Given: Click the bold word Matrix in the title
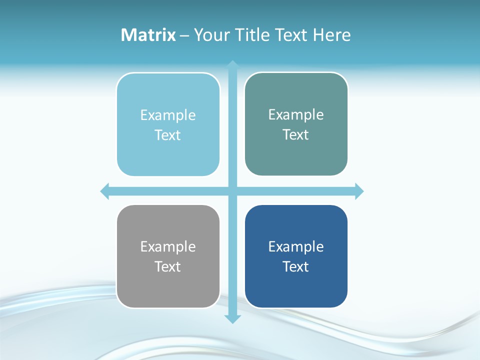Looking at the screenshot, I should [148, 35].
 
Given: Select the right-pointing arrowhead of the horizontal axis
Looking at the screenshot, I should [359, 191].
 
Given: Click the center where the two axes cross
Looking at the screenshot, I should [232, 191].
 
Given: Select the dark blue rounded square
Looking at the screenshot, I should [296, 287].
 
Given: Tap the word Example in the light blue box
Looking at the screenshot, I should [168, 115].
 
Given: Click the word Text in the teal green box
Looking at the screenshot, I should [296, 135].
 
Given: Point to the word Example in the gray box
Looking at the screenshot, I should [168, 247].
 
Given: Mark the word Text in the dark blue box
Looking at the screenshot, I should [296, 266].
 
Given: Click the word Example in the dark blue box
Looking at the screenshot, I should [296, 247].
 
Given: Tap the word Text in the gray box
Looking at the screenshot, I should [168, 266].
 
